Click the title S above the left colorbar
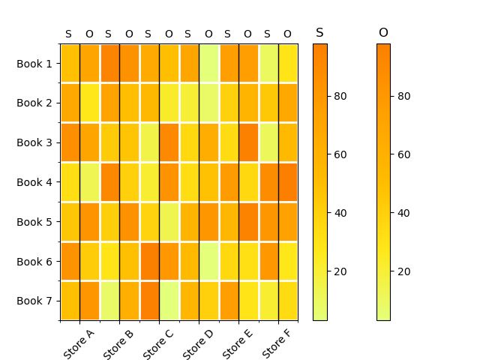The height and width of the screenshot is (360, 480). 319,33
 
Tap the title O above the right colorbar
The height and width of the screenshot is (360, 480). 383,33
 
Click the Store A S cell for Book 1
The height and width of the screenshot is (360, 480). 70,64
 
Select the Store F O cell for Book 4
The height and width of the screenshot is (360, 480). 287,182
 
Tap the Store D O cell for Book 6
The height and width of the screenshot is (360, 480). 208,261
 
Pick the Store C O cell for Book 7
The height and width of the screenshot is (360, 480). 169,301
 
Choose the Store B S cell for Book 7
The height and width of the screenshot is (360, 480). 109,301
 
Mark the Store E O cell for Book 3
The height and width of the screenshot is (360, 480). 248,142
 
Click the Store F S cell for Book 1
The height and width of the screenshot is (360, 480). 268,64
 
